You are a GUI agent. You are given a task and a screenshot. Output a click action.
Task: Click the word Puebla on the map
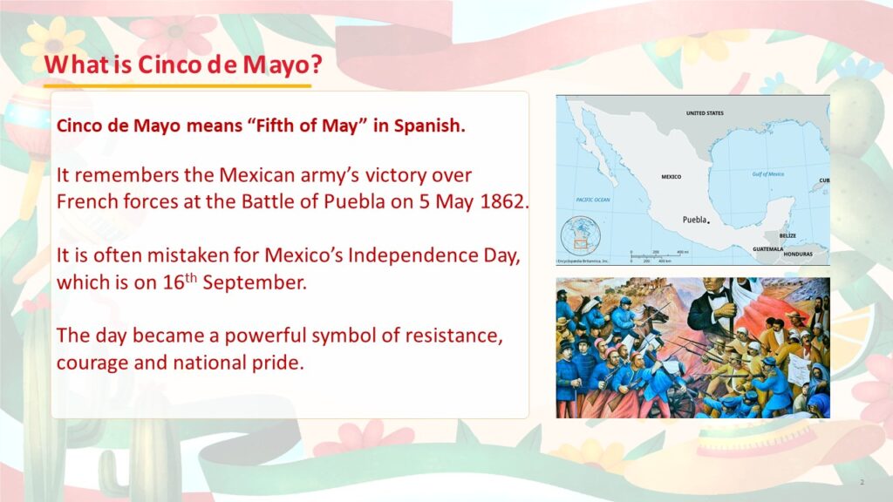point(694,220)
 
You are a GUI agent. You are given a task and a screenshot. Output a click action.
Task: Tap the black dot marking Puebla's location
point(708,222)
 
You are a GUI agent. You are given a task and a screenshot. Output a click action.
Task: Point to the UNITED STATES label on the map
point(705,113)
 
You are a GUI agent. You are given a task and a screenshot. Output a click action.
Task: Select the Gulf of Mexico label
point(767,174)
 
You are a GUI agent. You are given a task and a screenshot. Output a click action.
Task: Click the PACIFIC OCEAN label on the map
point(593,200)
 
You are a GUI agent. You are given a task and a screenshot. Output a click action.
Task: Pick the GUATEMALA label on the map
point(767,248)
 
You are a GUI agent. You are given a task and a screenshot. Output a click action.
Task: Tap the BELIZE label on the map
point(787,235)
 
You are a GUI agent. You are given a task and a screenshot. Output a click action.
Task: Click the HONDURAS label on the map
point(798,254)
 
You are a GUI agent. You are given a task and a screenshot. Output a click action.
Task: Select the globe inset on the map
point(580,235)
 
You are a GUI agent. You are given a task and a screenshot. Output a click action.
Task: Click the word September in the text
point(255,282)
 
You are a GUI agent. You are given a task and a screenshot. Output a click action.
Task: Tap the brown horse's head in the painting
point(653,313)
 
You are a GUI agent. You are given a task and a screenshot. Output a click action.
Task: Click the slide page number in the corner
point(862,482)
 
